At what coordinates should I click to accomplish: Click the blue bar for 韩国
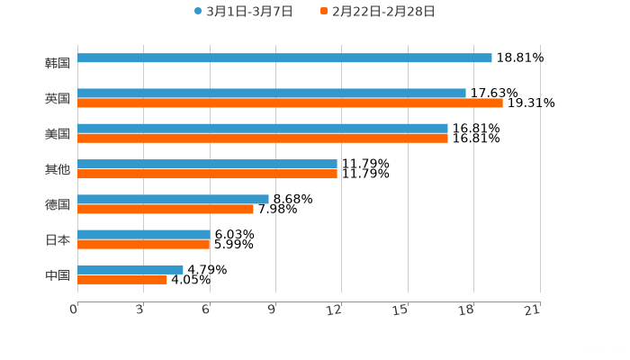284,58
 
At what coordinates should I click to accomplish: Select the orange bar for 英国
290,103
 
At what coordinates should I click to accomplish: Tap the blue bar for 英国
272,93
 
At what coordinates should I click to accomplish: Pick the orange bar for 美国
263,138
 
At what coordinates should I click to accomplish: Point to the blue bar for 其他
207,164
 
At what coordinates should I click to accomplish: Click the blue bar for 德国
173,199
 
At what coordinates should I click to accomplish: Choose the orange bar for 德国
166,209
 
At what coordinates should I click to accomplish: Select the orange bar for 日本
144,244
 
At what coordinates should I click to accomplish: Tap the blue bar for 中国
130,269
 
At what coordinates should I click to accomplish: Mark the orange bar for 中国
122,279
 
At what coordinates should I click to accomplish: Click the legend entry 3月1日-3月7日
243,12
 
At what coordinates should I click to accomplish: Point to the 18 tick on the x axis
467,310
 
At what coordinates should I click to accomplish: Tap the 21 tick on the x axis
533,310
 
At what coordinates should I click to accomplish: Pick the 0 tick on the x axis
75,310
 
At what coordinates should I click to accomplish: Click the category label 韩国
57,63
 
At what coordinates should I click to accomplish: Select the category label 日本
57,239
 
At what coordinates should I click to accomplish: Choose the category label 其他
57,169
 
